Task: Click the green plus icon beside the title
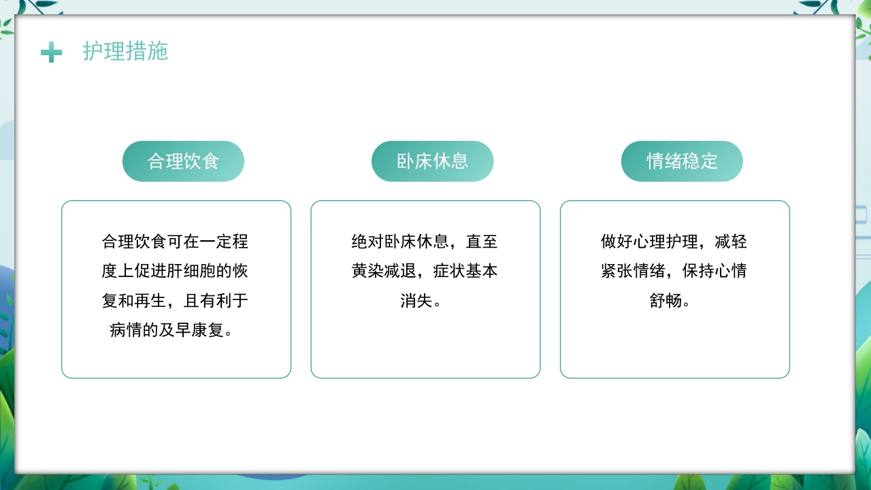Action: [x=51, y=52]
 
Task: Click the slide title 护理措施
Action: [x=125, y=51]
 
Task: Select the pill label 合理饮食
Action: [x=183, y=161]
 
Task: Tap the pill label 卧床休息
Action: [x=433, y=161]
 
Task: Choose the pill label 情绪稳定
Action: [x=682, y=161]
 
